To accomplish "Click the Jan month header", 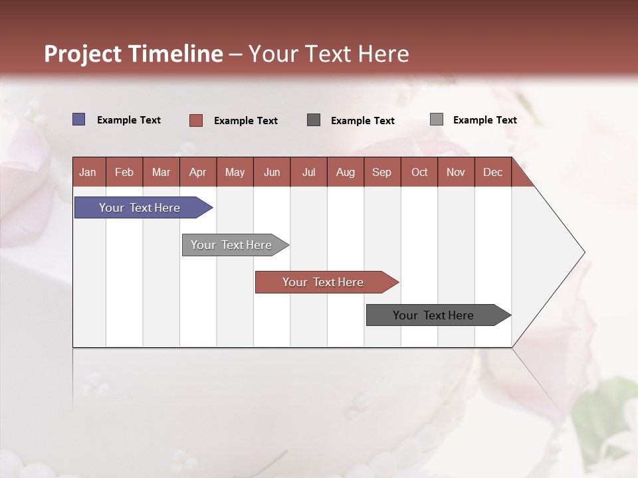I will tap(88, 172).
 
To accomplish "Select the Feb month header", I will tap(124, 172).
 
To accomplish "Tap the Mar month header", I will tap(161, 172).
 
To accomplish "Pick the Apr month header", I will tap(197, 172).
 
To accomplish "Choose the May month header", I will tap(235, 172).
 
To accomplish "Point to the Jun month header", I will tap(272, 172).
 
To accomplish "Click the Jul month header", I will tap(308, 172).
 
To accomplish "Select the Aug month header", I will tap(346, 172).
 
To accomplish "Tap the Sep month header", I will tap(382, 172).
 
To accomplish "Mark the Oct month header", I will tap(419, 172).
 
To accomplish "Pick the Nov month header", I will tap(456, 172).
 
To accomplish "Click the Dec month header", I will tap(492, 172).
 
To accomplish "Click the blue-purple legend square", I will tap(78, 119).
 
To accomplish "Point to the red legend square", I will tap(195, 120).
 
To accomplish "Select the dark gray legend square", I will tap(314, 119).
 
